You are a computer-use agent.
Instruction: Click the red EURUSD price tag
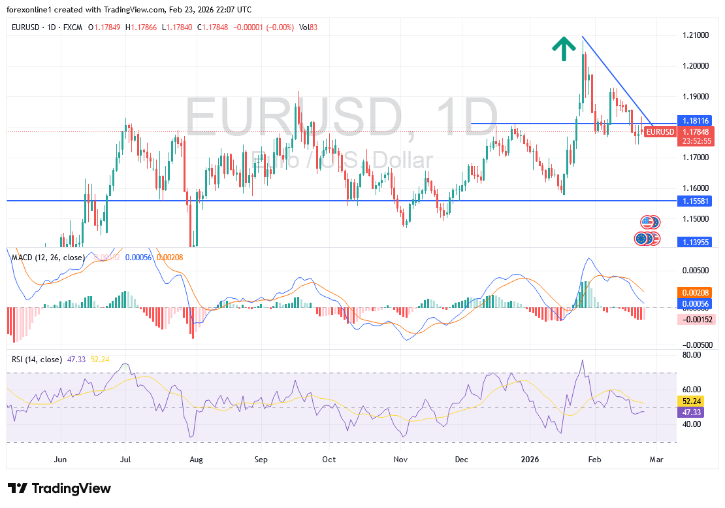[x=660, y=132]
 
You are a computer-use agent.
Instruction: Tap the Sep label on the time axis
[x=261, y=459]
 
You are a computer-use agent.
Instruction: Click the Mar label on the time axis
[x=656, y=459]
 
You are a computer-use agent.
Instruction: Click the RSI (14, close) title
[x=37, y=359]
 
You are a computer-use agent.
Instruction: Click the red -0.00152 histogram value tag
[x=696, y=319]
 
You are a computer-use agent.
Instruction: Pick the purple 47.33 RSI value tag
[x=692, y=413]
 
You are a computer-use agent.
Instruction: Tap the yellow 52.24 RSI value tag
[x=692, y=401]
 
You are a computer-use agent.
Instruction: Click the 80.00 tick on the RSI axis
[x=692, y=355]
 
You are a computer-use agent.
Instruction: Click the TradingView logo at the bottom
[x=59, y=488]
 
